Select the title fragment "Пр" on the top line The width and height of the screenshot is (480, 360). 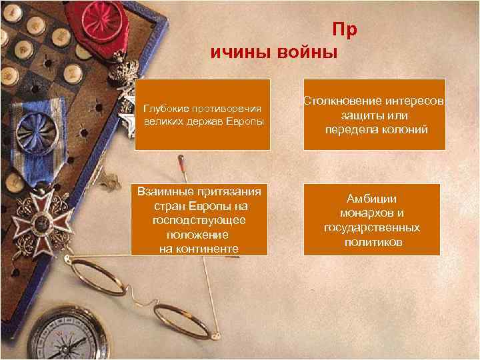coord(345,30)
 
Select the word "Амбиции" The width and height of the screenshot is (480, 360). coord(371,199)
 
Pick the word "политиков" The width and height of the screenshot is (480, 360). coord(373,243)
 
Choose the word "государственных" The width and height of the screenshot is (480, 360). coord(372,228)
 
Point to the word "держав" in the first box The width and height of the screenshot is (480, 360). coord(208,122)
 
